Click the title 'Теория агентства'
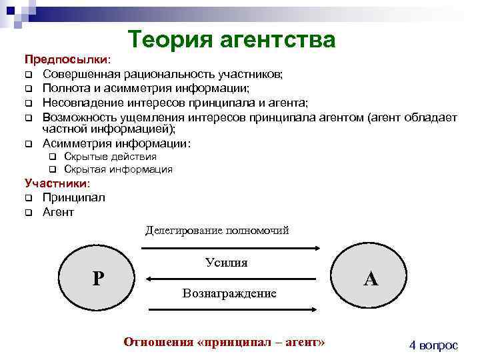coord(231,39)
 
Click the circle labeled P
coord(97,277)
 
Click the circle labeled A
coord(371,277)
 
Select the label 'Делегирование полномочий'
coord(217,231)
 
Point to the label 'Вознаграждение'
coord(229,293)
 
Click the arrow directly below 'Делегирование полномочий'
coord(230,248)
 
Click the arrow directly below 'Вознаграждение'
coord(230,309)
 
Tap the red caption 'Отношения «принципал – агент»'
coord(225,342)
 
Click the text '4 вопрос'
coord(433,345)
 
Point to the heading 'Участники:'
coord(57,183)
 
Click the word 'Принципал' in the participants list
coord(73,197)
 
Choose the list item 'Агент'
coord(58,212)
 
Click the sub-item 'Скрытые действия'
coord(110,157)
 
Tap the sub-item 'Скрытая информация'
coord(118,169)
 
